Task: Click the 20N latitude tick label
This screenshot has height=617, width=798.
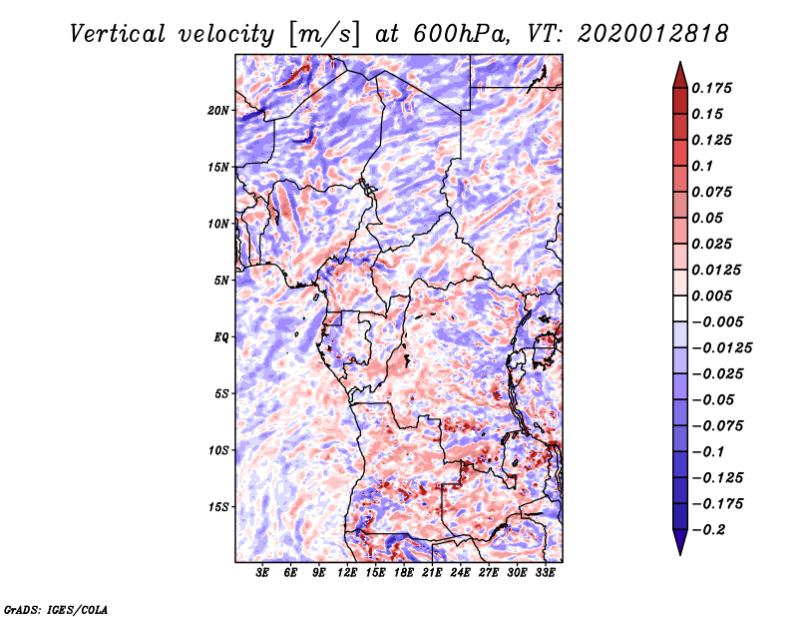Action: click(219, 110)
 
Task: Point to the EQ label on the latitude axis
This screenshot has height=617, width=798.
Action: click(221, 336)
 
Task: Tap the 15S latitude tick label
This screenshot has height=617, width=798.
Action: click(219, 506)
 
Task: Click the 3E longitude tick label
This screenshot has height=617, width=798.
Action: click(263, 573)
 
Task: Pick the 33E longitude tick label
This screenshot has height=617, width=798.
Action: click(546, 573)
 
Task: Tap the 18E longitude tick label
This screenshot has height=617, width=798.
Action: click(404, 573)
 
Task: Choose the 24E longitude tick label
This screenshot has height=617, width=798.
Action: click(461, 573)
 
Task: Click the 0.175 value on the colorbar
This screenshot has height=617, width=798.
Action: click(714, 88)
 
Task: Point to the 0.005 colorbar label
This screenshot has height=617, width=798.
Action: click(714, 296)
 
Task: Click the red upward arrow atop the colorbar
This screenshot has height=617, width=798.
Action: click(679, 72)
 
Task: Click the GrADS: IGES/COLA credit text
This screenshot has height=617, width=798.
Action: click(55, 608)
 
